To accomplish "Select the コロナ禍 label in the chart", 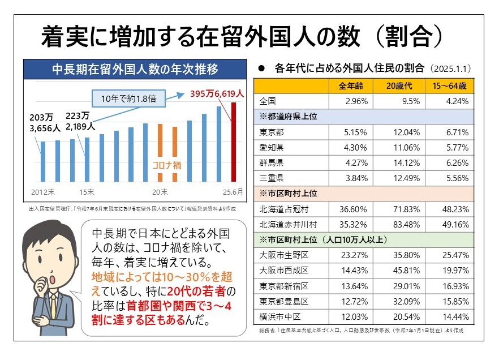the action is (167, 166).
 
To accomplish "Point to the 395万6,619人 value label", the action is (217, 93).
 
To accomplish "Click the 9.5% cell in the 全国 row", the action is (405, 101).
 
